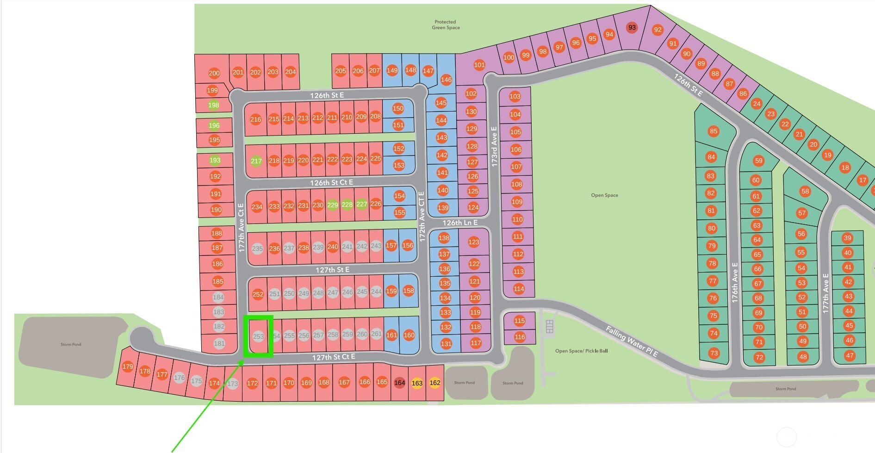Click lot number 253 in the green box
[x=258, y=336]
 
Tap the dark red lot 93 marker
[x=632, y=27]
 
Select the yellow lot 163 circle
[x=417, y=383]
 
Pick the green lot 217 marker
[x=256, y=161]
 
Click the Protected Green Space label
[x=445, y=25]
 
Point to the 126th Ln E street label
[x=460, y=223]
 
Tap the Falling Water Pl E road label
[x=631, y=341]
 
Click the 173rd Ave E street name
[x=494, y=147]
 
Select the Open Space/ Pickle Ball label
[x=581, y=351]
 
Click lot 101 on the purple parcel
[x=479, y=65]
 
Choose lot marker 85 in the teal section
[x=714, y=131]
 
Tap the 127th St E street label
[x=332, y=269]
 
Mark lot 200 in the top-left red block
[x=214, y=73]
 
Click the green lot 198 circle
[x=213, y=105]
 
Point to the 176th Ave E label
[x=735, y=282]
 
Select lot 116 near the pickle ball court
[x=520, y=337]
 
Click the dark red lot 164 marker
[x=399, y=383]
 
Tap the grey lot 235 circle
[x=257, y=248]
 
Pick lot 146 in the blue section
[x=446, y=80]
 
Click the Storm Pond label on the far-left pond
[x=70, y=344]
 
